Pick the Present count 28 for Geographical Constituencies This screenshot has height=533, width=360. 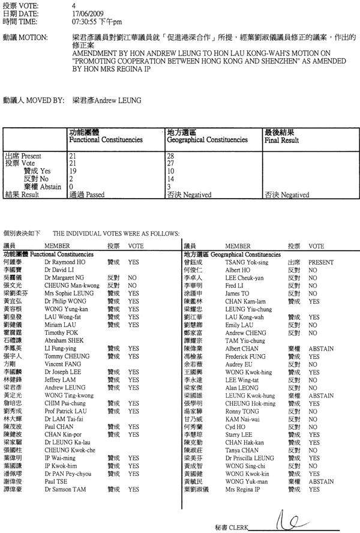(170, 156)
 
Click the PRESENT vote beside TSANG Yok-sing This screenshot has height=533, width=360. (321, 262)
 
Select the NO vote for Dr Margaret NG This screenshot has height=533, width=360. (133, 278)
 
